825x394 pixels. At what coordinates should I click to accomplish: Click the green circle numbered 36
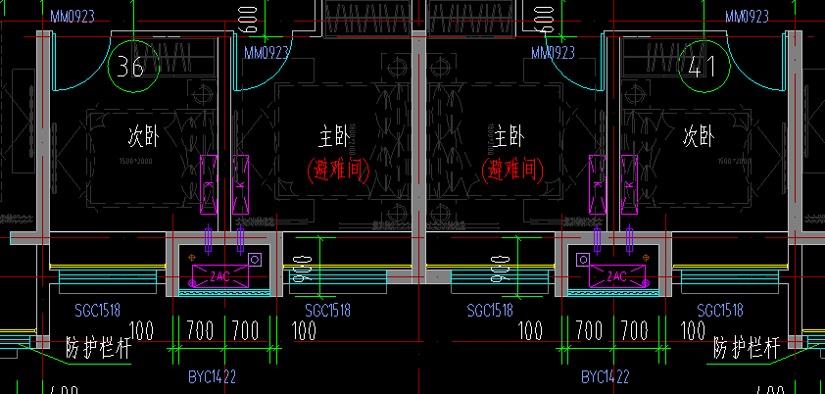pos(131,67)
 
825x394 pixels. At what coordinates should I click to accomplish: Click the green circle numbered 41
pos(701,67)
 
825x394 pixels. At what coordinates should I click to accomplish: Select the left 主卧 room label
pos(333,135)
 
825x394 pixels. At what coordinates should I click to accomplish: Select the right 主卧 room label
pos(509,135)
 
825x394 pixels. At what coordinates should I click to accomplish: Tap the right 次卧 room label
pos(697,135)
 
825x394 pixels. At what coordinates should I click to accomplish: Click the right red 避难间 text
pos(509,170)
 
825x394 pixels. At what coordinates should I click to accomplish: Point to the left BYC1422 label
pos(213,376)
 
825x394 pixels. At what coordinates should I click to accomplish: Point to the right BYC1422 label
pos(606,376)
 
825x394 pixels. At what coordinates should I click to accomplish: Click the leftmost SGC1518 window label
pos(98,310)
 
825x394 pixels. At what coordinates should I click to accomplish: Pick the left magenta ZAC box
pos(219,276)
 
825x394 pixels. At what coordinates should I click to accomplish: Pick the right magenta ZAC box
pos(616,276)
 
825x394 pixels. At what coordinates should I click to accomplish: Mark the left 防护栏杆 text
pos(99,346)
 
